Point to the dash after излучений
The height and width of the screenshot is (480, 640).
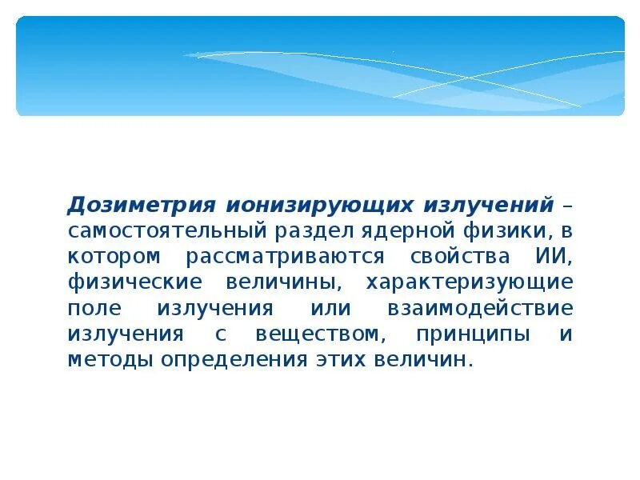coord(566,205)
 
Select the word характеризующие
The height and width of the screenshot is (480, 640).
coord(469,282)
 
